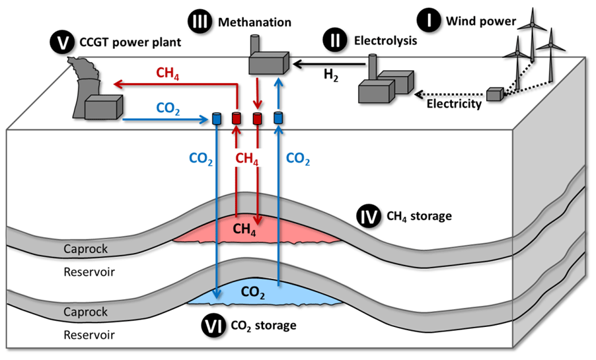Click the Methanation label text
[254, 22]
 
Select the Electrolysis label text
[386, 41]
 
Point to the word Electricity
[453, 104]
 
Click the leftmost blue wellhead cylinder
[216, 118]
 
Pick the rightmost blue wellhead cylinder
[278, 118]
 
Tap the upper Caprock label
[85, 249]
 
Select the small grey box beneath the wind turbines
[495, 94]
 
